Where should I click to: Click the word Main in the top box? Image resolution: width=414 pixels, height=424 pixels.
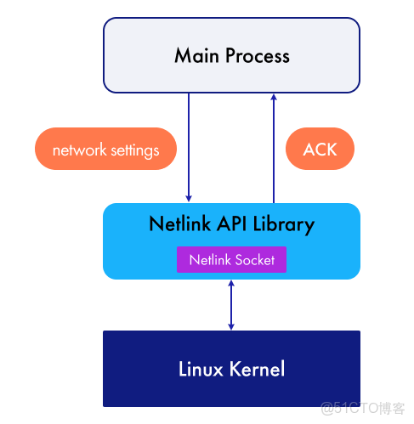pyautogui.click(x=195, y=56)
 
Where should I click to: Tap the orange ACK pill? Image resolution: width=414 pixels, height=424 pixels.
pyautogui.click(x=320, y=150)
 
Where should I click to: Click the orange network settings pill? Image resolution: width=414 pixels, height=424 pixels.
pyautogui.click(x=105, y=150)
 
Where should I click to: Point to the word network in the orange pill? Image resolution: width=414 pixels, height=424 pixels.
pyautogui.click(x=79, y=150)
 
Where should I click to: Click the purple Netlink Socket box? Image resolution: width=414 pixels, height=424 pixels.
pyautogui.click(x=231, y=260)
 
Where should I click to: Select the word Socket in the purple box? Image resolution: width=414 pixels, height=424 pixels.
pyautogui.click(x=254, y=260)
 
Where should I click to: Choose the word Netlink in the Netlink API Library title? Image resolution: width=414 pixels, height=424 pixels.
pyautogui.click(x=179, y=225)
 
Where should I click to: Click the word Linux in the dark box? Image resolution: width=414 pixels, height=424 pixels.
pyautogui.click(x=201, y=369)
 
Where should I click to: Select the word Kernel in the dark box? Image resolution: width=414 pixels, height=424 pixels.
pyautogui.click(x=257, y=369)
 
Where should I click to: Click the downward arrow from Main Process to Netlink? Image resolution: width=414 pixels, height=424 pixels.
pyautogui.click(x=190, y=144)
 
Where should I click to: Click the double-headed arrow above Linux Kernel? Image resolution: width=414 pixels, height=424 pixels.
pyautogui.click(x=231, y=304)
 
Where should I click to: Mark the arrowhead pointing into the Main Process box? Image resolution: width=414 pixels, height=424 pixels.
pyautogui.click(x=274, y=97)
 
